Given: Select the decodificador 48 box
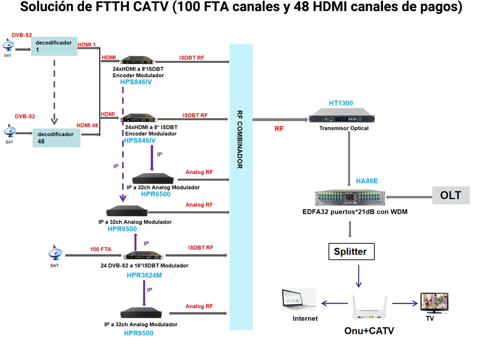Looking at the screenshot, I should pyautogui.click(x=57, y=137).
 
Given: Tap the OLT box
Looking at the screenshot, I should pyautogui.click(x=451, y=195).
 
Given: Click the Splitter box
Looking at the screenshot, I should pyautogui.click(x=351, y=252).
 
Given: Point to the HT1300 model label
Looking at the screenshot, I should pyautogui.click(x=341, y=103).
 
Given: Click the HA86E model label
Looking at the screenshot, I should pyautogui.click(x=367, y=181).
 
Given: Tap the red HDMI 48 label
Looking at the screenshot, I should pyautogui.click(x=87, y=125).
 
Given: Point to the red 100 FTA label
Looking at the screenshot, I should pyautogui.click(x=100, y=249).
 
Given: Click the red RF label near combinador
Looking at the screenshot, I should pyautogui.click(x=279, y=129).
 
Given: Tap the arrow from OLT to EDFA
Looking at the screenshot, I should pyautogui.click(x=409, y=197).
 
